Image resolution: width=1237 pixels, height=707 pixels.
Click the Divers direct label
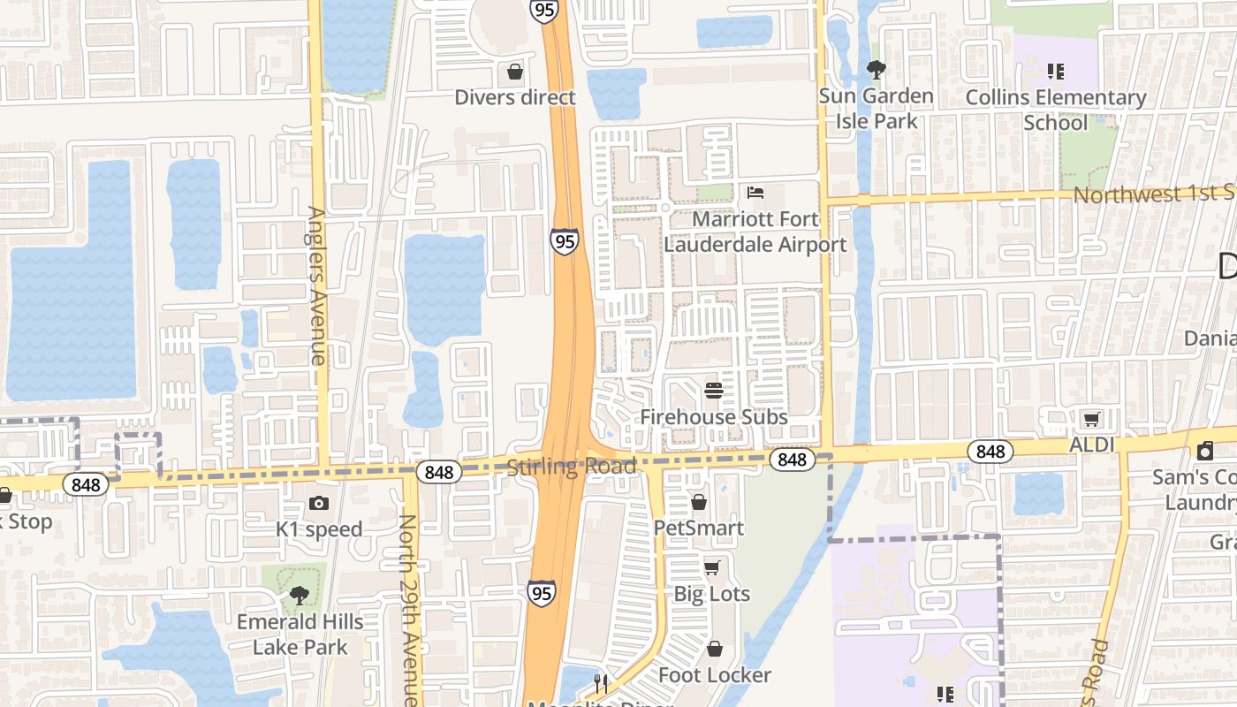[x=514, y=97]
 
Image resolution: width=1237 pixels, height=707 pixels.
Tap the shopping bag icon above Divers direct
[x=515, y=72]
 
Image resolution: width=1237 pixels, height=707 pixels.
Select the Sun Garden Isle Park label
[x=876, y=108]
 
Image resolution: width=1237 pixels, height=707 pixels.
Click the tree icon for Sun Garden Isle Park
[x=876, y=69]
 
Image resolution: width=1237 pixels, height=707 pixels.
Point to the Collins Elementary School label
[x=1056, y=110]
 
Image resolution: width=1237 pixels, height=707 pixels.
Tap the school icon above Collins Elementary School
[x=1055, y=71]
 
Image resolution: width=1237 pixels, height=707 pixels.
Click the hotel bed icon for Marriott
[x=755, y=192]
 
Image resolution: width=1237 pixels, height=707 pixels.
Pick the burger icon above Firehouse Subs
[x=714, y=390]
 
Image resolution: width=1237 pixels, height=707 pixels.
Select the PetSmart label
[x=698, y=528]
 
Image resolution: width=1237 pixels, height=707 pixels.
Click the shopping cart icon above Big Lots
[x=712, y=567]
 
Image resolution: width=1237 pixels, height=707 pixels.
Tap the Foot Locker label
[x=715, y=675]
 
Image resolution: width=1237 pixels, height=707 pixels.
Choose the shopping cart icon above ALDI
[x=1092, y=419]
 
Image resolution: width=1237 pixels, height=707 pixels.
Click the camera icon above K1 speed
[x=319, y=503]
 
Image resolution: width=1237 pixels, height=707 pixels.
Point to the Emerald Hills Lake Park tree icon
[x=300, y=595]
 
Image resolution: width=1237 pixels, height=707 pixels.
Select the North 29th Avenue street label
[x=407, y=610]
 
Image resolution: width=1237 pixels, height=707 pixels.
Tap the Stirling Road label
[x=571, y=467]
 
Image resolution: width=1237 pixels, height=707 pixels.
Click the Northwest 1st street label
[x=1153, y=194]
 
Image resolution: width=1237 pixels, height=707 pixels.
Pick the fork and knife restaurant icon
[x=601, y=682]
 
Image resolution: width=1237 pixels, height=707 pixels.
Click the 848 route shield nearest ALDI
[x=990, y=452]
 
